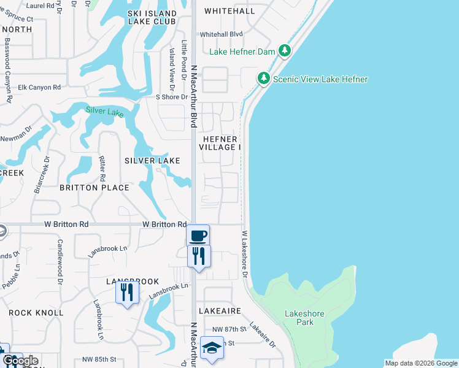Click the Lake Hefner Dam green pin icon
pos(285,51)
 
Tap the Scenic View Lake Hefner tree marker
pos(263,79)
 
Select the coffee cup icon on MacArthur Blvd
pos(198,236)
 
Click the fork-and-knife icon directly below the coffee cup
pos(198,255)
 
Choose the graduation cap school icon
pos(212,348)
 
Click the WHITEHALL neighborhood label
pos(229,11)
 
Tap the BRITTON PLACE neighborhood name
pos(94,188)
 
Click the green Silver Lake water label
pos(105,111)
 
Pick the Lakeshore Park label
pos(304,318)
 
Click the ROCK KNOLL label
pos(36,313)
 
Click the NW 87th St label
pos(228,329)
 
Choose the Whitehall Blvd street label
pos(222,34)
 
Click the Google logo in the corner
pos(20,361)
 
